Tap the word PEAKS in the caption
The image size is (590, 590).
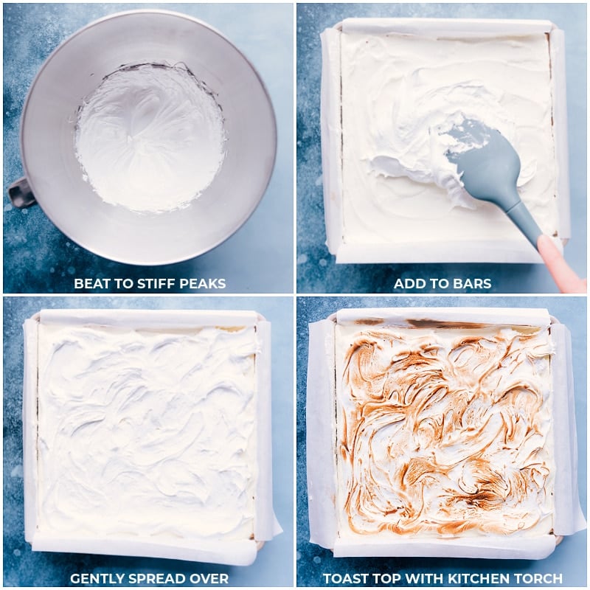click(x=204, y=284)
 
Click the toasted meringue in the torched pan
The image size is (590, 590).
click(x=442, y=428)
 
